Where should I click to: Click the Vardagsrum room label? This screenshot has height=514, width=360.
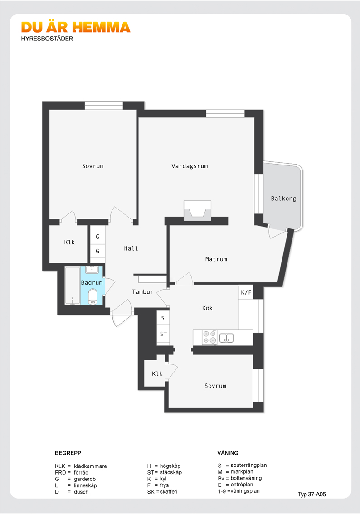tap(190, 166)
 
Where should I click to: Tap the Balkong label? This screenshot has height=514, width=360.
tap(283, 199)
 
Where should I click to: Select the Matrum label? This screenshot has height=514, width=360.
tap(216, 259)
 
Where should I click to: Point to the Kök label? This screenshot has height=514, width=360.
tap(207, 308)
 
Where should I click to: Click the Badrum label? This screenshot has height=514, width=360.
tap(92, 283)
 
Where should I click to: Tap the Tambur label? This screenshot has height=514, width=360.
tap(143, 292)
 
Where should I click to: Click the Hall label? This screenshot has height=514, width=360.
tap(131, 248)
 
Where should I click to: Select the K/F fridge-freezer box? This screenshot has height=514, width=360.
tap(246, 292)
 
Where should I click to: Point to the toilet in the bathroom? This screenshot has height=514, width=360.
tap(93, 296)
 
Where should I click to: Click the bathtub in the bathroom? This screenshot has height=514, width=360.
tap(73, 286)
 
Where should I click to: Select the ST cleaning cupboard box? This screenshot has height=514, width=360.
tap(163, 335)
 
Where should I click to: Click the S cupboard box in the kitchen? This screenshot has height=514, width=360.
tap(163, 318)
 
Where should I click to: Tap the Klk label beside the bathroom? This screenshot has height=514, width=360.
tap(69, 242)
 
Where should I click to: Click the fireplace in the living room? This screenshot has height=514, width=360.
tap(197, 212)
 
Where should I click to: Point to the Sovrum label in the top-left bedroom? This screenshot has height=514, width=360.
tap(93, 166)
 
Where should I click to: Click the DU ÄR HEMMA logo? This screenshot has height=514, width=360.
tap(76, 28)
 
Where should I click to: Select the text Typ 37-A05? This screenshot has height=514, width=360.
tap(312, 494)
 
